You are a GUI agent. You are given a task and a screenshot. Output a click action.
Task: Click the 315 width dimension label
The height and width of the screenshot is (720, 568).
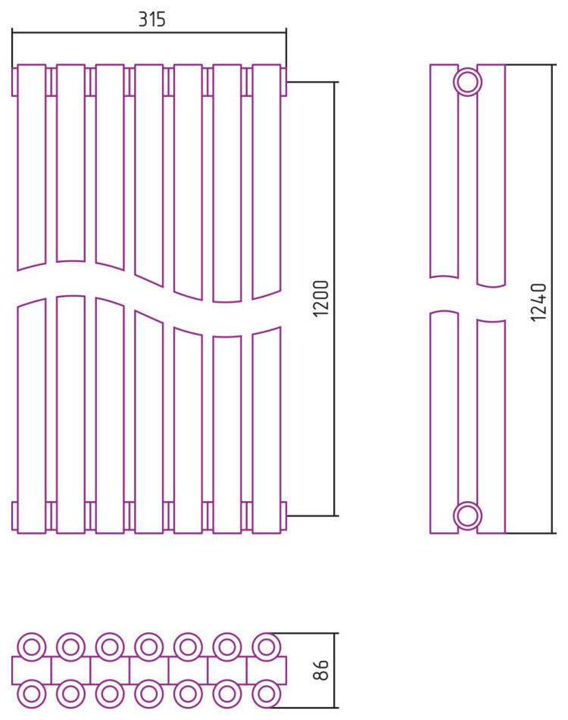pos(152,19)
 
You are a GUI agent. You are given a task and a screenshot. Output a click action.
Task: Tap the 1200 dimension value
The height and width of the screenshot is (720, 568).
pos(321,298)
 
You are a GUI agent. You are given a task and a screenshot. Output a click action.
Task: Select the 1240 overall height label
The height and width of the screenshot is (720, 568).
pos(538,302)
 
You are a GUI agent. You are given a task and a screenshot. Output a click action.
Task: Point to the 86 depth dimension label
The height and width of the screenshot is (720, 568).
pos(321,670)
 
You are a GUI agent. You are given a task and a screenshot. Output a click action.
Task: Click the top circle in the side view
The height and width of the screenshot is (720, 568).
pos(467,83)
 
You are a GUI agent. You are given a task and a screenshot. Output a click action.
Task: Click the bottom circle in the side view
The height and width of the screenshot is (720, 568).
pos(467,516)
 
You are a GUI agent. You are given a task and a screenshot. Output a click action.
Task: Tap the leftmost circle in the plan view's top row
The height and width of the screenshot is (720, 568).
pos(32,647)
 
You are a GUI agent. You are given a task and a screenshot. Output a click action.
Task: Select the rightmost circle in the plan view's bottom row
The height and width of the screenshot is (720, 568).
pos(267,694)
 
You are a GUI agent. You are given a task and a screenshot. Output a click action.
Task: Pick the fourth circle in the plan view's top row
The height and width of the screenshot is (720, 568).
pos(148,647)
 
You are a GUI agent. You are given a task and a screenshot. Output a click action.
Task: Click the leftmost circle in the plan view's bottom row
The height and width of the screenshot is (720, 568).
pos(32,694)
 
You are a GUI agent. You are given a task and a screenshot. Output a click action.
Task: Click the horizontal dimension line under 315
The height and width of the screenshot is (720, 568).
pos(149,33)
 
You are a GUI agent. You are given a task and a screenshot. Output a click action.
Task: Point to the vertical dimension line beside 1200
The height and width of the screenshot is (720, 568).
pos(335,299)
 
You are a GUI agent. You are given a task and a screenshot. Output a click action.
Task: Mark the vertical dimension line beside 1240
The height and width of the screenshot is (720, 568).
pos(552,299)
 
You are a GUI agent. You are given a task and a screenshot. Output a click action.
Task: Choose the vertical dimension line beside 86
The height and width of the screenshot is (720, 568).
pos(335,670)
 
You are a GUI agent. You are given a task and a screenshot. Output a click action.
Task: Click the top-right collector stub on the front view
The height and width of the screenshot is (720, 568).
pos(284,83)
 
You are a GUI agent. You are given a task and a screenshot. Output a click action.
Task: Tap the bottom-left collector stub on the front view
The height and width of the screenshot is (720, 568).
pos(14,516)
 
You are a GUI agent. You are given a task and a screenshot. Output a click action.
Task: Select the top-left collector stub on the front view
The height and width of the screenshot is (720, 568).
pos(14,83)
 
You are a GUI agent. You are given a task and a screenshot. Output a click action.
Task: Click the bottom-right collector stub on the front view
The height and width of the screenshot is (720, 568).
pos(284,516)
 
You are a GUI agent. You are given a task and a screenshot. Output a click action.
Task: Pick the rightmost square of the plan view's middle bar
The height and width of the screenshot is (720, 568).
pos(267,670)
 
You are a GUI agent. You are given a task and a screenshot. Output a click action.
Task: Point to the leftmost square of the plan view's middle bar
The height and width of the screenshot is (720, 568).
pos(31,670)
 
